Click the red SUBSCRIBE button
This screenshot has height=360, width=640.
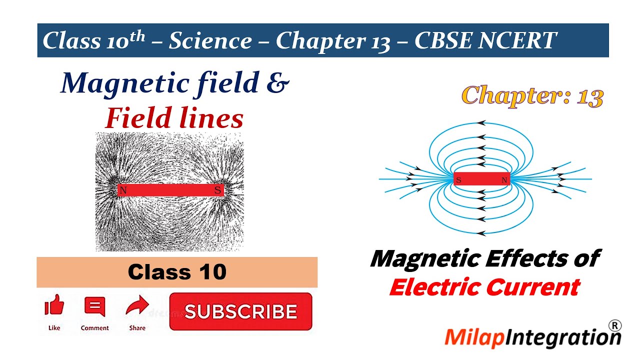[x=240, y=311]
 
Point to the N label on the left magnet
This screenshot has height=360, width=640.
[x=123, y=190]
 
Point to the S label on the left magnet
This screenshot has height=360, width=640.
[x=217, y=190]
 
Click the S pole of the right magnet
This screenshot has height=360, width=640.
[x=458, y=180]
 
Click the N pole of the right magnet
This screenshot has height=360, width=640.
[x=504, y=180]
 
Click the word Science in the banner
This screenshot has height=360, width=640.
[x=210, y=40]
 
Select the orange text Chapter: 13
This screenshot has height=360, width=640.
[x=532, y=95]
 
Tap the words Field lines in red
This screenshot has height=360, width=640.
[x=174, y=118]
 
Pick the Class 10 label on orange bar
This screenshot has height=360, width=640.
[x=177, y=272]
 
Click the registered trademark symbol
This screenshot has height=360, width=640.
[x=615, y=325]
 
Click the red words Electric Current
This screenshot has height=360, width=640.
[x=484, y=287]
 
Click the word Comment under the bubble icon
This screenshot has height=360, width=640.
[x=94, y=328]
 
